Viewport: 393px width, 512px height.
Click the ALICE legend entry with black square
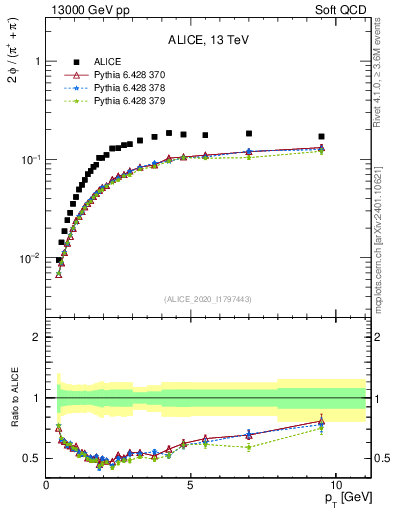click(x=110, y=62)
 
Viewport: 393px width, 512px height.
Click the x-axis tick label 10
click(x=336, y=484)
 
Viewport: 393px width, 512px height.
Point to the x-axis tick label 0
click(x=46, y=484)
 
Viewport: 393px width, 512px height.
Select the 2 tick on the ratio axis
click(x=36, y=337)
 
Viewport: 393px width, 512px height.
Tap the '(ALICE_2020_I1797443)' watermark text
click(x=208, y=298)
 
